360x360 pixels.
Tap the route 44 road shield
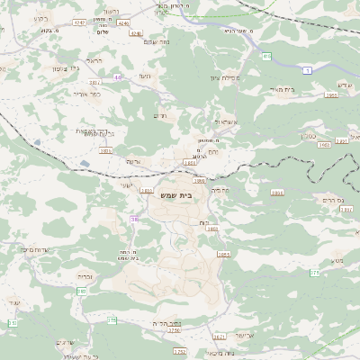(118, 77)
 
